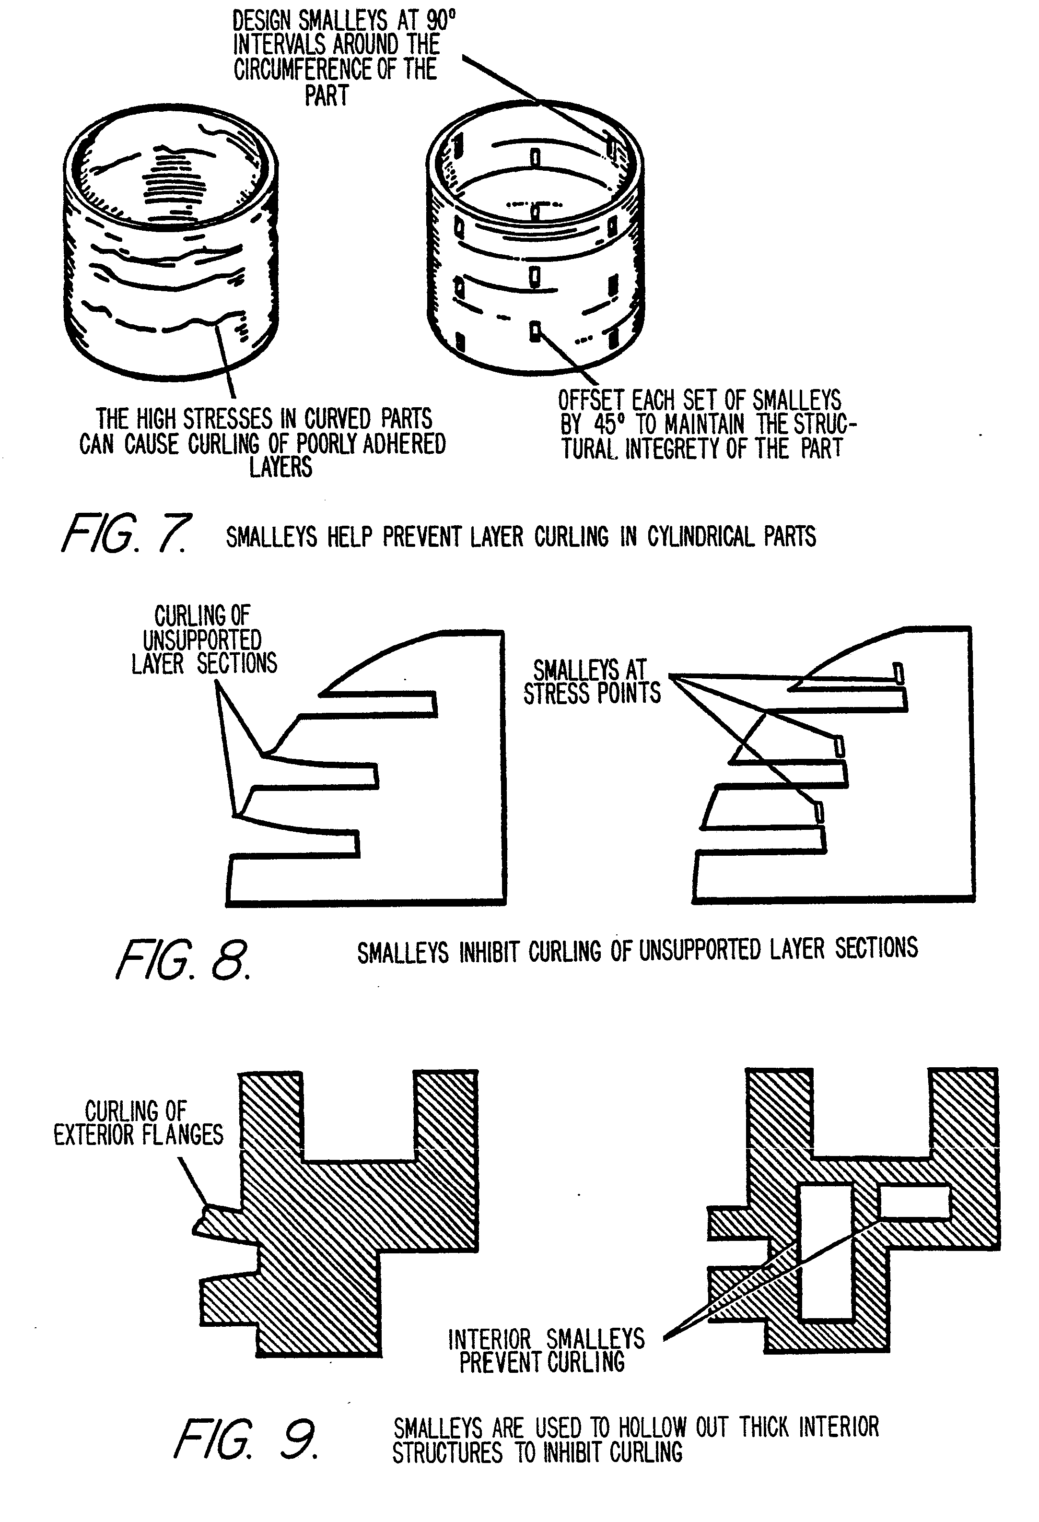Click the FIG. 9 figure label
point(245,1439)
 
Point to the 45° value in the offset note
point(606,425)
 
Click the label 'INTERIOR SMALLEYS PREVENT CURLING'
point(545,1351)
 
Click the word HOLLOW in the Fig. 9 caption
point(652,1428)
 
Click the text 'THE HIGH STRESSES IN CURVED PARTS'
point(264,419)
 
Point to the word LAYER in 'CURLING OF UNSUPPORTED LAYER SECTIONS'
point(157,663)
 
